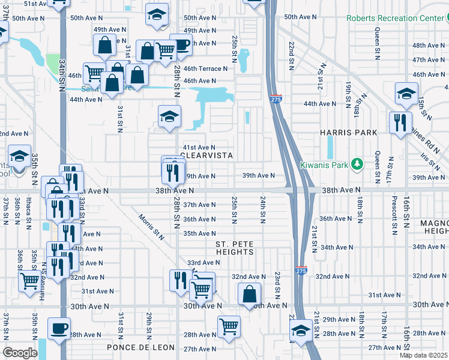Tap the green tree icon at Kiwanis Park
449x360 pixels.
pyautogui.click(x=358, y=163)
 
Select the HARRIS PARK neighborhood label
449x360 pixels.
pyautogui.click(x=348, y=133)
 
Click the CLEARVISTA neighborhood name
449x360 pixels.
pyautogui.click(x=206, y=155)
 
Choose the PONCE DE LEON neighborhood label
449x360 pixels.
pyautogui.click(x=140, y=348)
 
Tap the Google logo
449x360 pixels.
pyautogui.click(x=20, y=352)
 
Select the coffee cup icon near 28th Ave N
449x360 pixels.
pyautogui.click(x=59, y=328)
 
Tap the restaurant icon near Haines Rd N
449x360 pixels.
pyautogui.click(x=399, y=123)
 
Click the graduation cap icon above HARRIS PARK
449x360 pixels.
pyautogui.click(x=406, y=94)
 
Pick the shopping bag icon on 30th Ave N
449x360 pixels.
pyautogui.click(x=249, y=294)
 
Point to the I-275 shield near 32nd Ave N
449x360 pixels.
pyautogui.click(x=301, y=272)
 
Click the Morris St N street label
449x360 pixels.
pyautogui.click(x=151, y=226)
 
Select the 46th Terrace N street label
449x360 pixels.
pyautogui.click(x=205, y=68)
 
